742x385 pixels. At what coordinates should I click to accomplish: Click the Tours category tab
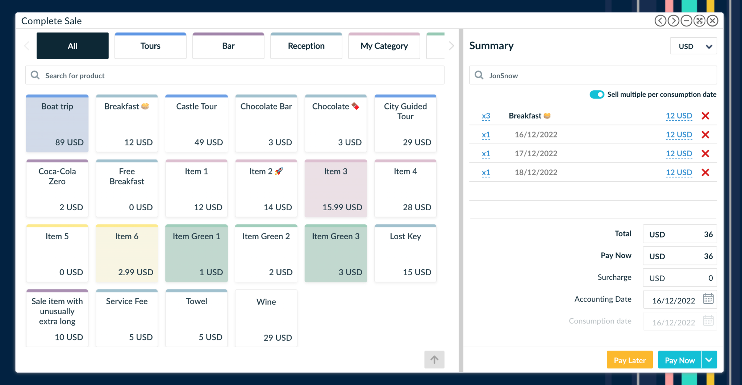pyautogui.click(x=150, y=46)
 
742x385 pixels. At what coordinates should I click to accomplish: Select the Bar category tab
pyautogui.click(x=228, y=46)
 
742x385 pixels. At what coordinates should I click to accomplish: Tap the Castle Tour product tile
pyautogui.click(x=196, y=124)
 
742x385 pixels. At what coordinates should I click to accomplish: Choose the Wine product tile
pyautogui.click(x=266, y=318)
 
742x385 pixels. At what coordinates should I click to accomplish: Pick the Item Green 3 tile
pyautogui.click(x=335, y=253)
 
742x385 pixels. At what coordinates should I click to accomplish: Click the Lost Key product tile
pyautogui.click(x=405, y=253)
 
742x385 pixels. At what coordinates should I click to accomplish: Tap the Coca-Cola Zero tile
pyautogui.click(x=57, y=189)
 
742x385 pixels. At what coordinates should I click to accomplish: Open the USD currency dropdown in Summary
pyautogui.click(x=693, y=46)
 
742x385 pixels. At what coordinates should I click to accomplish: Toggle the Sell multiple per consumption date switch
pyautogui.click(x=597, y=95)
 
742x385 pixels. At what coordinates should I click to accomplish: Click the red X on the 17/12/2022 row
pyautogui.click(x=705, y=154)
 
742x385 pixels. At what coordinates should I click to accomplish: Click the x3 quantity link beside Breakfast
pyautogui.click(x=486, y=116)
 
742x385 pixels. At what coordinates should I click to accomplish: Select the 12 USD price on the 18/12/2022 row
pyautogui.click(x=679, y=173)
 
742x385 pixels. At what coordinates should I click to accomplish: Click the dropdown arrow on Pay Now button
pyautogui.click(x=709, y=360)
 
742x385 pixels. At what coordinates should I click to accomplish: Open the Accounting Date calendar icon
pyautogui.click(x=708, y=299)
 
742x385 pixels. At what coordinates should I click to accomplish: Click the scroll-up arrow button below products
pyautogui.click(x=434, y=360)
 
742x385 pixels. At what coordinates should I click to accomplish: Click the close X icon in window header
pyautogui.click(x=712, y=21)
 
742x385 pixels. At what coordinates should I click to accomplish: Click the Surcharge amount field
pyautogui.click(x=680, y=278)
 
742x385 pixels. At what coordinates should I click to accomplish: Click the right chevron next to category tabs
pyautogui.click(x=451, y=46)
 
